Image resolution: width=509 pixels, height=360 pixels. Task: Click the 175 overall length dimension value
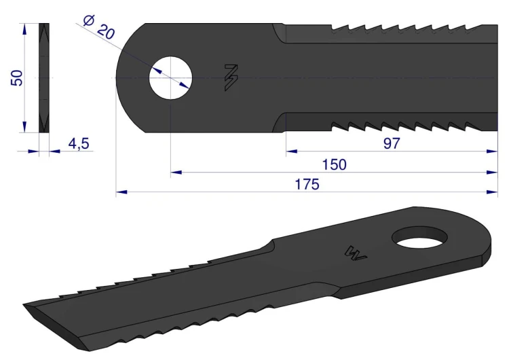coord(307,184)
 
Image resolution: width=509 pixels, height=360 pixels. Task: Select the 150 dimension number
coord(334,165)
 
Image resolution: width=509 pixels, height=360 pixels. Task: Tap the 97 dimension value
coord(392,143)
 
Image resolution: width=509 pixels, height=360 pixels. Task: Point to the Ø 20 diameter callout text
coord(98,27)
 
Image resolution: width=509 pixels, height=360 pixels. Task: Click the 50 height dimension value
coord(17,78)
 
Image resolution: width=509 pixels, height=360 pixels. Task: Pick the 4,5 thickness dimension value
coord(79,143)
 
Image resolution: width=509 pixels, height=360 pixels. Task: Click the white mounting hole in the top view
coord(170,78)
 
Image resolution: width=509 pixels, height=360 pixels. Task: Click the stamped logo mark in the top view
coord(231,77)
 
